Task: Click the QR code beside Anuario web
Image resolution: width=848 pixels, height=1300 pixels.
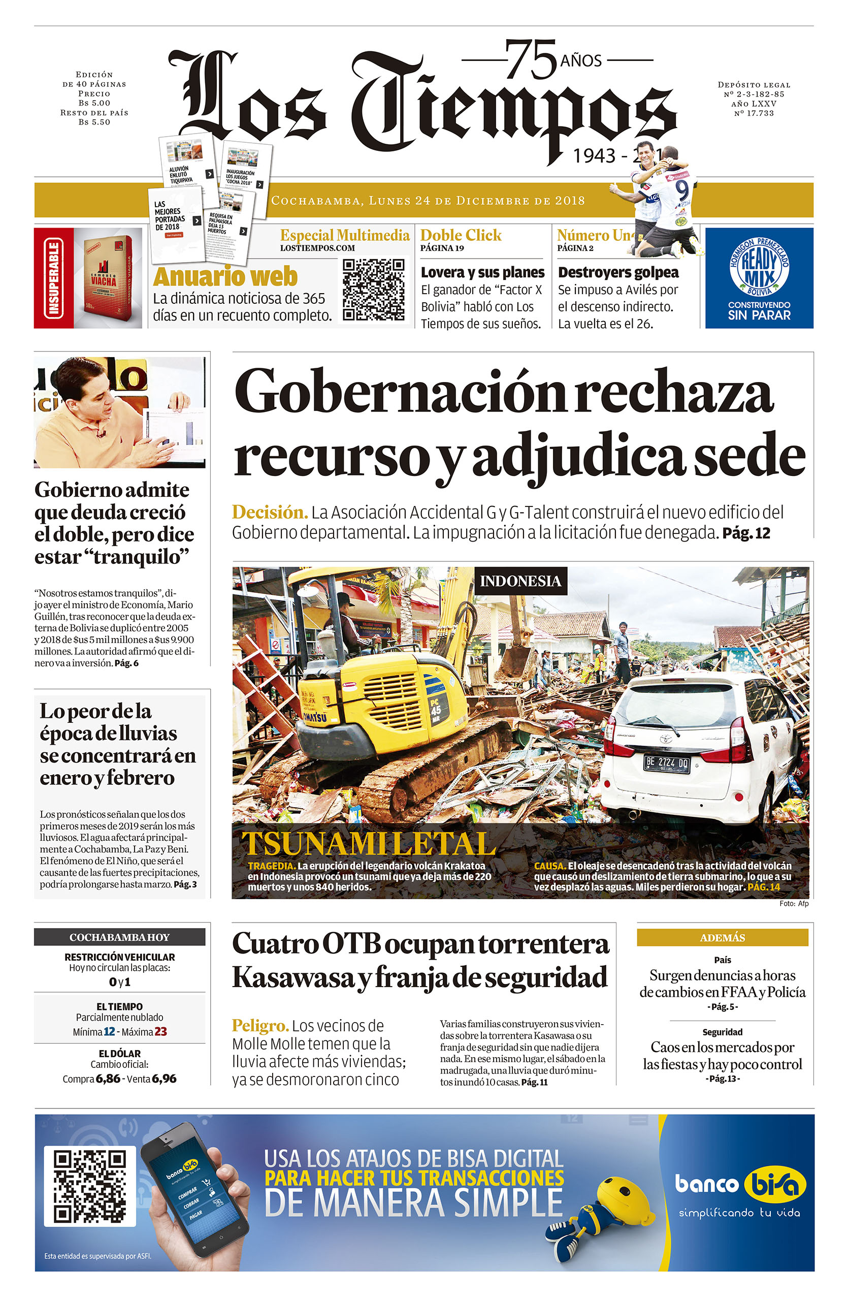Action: (374, 289)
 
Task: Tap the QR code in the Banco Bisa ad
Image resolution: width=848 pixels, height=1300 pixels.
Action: (89, 1185)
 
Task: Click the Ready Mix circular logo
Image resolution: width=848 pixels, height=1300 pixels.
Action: (759, 267)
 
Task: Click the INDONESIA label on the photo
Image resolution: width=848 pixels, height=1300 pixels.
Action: (520, 581)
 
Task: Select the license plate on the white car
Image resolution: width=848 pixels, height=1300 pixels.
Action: (667, 763)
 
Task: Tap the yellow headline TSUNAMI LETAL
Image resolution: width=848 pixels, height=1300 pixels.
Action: (369, 844)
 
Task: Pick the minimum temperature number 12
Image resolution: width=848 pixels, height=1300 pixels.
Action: (109, 1032)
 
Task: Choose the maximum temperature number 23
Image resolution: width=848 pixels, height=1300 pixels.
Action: (160, 1032)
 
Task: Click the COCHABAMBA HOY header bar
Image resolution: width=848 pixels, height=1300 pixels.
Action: (119, 937)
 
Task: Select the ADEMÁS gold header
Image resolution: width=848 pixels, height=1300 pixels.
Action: (722, 938)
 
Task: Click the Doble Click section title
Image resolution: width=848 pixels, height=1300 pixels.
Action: (461, 235)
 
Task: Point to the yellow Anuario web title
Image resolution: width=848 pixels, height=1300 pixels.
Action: (225, 276)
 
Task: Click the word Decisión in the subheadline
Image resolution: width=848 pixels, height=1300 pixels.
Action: (270, 513)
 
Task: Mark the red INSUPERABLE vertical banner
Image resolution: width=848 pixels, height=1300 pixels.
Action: (53, 278)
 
